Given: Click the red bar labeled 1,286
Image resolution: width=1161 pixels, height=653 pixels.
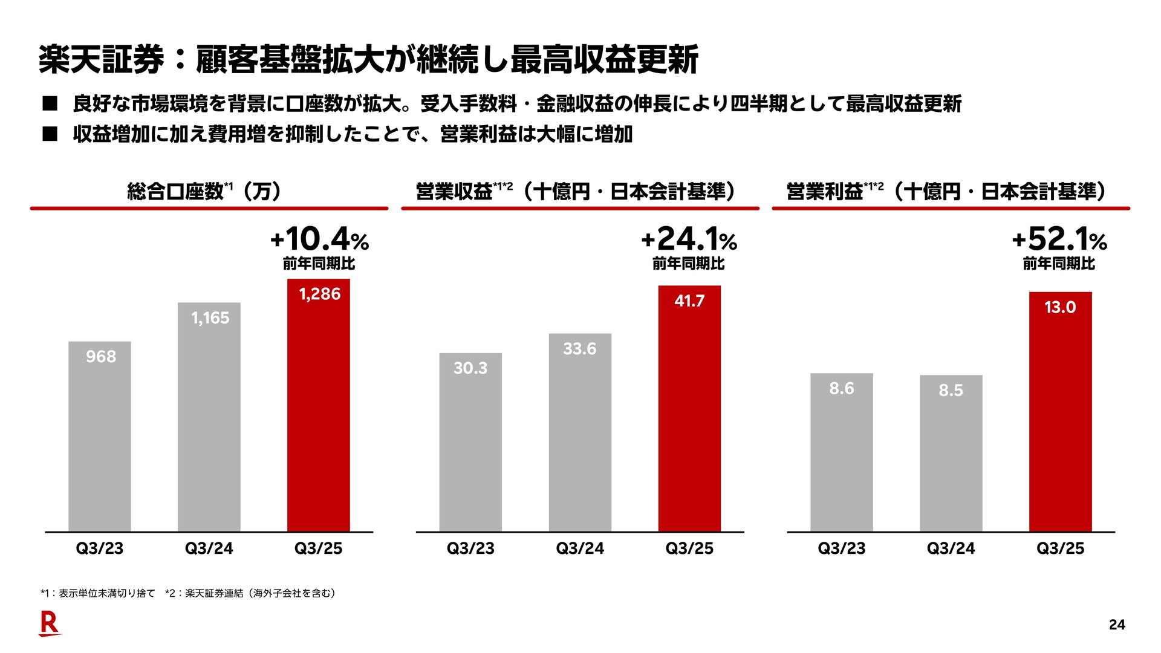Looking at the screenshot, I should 319,405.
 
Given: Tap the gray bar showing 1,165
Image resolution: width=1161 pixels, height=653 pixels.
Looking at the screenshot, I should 209,417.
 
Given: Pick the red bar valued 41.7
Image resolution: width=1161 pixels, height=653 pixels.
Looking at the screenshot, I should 689,409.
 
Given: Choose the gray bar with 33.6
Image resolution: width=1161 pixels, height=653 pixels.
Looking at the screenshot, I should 580,433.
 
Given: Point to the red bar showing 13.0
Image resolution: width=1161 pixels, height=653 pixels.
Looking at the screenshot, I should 1060,412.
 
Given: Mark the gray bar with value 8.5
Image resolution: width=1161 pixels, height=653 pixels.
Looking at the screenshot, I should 951,453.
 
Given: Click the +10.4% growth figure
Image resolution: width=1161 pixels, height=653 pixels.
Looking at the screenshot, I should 319,239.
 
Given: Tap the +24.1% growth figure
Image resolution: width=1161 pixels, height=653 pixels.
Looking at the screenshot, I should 689,239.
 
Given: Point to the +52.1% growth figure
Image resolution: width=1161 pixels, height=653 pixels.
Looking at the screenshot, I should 1059,239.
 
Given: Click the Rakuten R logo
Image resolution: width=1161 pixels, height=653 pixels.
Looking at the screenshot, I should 50,623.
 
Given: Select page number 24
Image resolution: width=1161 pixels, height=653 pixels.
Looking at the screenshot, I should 1117,625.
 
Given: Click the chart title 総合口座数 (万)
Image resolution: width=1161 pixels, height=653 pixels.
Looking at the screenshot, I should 204,192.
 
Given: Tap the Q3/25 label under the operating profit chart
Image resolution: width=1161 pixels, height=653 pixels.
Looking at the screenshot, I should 1060,548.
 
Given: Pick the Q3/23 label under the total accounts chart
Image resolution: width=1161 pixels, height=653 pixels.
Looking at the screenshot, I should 100,548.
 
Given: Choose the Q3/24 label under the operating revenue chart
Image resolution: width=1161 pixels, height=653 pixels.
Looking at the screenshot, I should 580,548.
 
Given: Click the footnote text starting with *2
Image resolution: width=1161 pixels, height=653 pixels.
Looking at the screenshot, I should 250,593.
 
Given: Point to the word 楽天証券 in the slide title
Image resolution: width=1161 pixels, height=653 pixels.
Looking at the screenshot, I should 102,60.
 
